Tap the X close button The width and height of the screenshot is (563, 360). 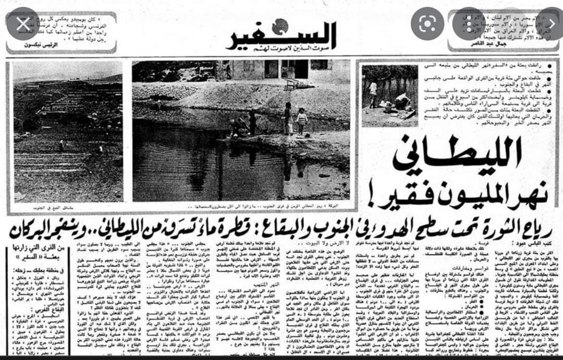(x=23, y=23)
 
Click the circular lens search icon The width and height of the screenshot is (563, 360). (x=427, y=23)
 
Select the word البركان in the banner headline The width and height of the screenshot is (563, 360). (x=36, y=228)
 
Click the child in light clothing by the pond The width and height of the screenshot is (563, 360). (x=301, y=121)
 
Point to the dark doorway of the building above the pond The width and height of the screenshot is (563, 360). (x=301, y=69)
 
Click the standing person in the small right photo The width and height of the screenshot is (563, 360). (x=373, y=94)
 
